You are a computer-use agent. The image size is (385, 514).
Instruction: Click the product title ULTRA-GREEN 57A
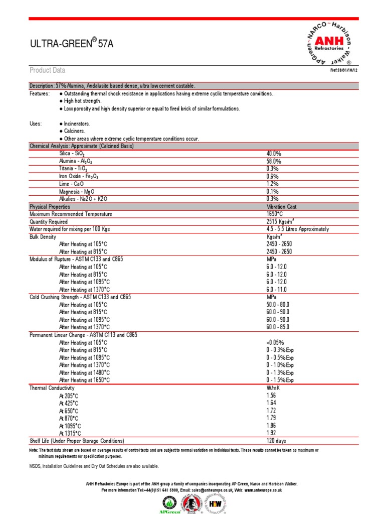tap(72, 44)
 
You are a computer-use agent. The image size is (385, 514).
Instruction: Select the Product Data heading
tap(47, 70)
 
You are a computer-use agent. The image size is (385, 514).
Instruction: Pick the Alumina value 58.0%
tap(274, 161)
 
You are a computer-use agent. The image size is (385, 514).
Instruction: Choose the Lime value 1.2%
tap(272, 184)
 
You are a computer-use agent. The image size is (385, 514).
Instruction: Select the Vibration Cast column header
tap(281, 206)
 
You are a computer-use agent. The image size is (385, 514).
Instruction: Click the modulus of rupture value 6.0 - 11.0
tap(277, 290)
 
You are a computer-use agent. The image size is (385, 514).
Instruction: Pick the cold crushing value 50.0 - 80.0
tap(278, 305)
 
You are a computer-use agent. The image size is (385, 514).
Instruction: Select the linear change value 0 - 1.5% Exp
tap(280, 380)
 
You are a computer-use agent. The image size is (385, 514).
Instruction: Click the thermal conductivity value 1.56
tap(271, 396)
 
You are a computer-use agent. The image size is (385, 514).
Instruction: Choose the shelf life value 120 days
tap(276, 441)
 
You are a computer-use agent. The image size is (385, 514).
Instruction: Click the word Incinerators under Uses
tap(76, 123)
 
